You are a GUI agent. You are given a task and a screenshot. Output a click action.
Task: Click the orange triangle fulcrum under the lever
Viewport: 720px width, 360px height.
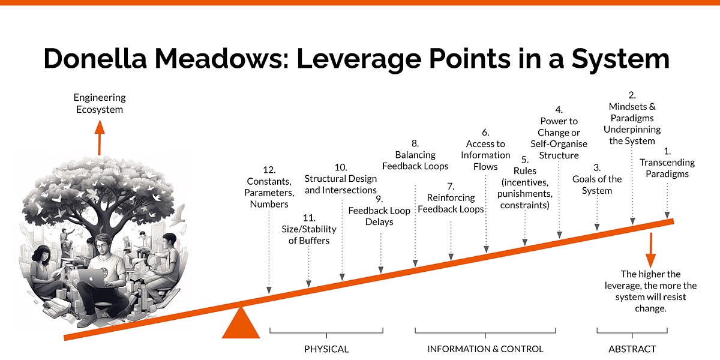click(241, 325)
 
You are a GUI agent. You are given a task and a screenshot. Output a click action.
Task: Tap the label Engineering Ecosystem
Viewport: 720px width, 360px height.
click(99, 103)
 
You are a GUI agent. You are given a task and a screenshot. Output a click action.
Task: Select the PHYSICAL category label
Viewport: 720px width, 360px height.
click(326, 349)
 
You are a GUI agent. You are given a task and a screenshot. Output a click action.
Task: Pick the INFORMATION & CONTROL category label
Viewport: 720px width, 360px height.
click(485, 349)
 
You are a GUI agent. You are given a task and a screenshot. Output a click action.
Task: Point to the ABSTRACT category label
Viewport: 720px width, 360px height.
click(632, 349)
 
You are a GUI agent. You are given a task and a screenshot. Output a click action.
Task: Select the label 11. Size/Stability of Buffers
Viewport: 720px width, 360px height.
click(309, 229)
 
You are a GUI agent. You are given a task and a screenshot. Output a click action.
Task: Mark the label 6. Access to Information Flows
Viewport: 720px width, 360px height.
click(485, 149)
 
